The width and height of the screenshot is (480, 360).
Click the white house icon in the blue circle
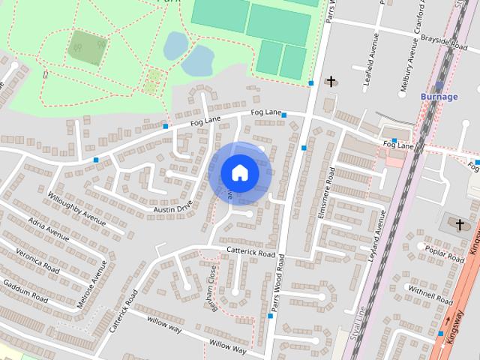pos(239,172)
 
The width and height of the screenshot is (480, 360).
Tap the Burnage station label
pos(439,97)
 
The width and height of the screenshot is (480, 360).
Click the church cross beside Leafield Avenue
pos(330,80)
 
